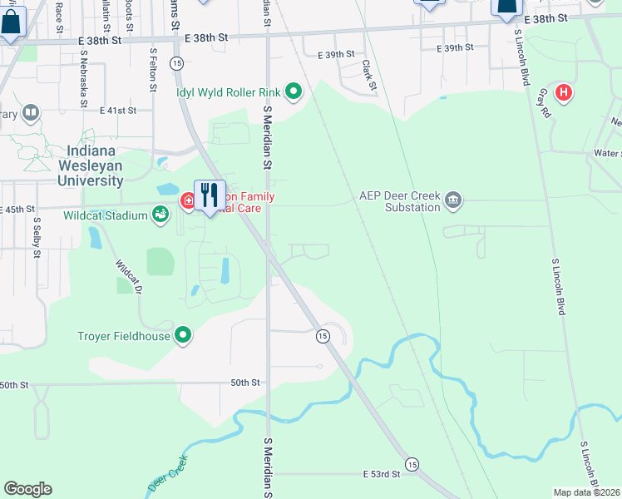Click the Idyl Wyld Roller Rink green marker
coord(293,91)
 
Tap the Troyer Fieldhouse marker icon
coord(183,336)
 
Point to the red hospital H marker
coord(564,91)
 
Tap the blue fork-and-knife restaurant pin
coord(210,196)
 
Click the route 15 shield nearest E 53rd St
coord(412,463)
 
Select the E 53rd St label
coord(382,473)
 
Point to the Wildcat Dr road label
coord(129,278)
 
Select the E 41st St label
coord(117,110)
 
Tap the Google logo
coord(27,489)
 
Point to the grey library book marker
coord(31,111)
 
